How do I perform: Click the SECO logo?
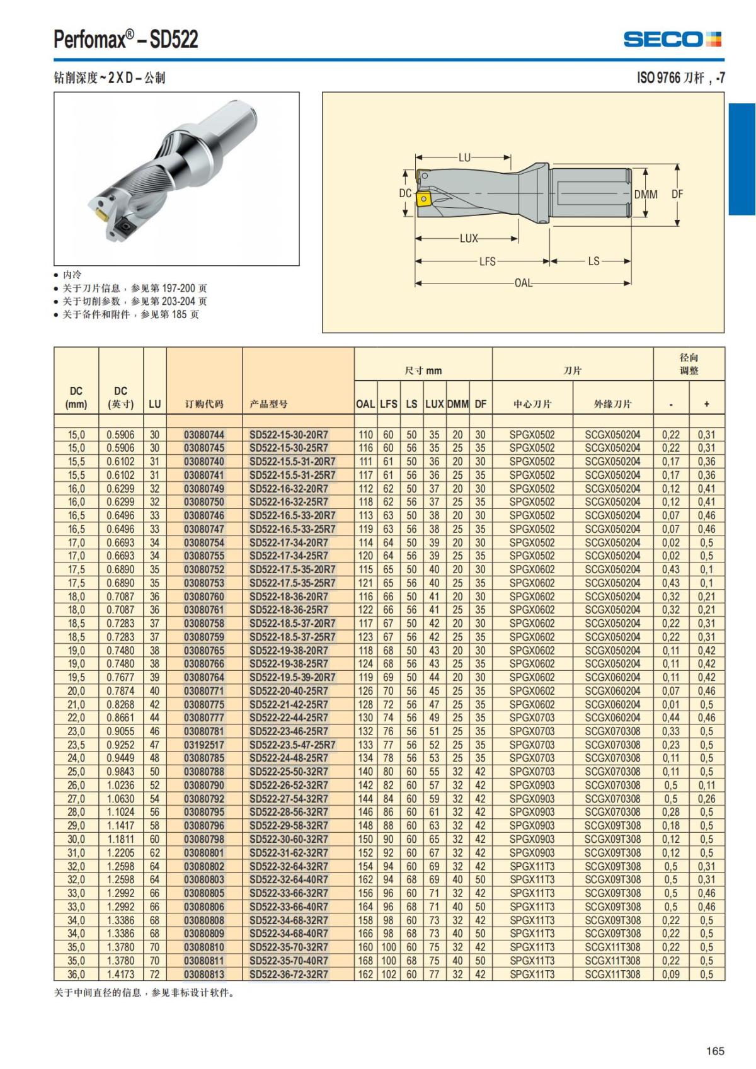tap(672, 39)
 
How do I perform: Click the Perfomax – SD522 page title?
tap(126, 39)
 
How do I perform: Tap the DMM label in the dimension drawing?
tap(645, 195)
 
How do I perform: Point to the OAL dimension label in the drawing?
tap(524, 283)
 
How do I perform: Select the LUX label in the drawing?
tap(469, 239)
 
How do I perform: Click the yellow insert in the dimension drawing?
tap(422, 200)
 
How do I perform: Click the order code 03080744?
tap(204, 435)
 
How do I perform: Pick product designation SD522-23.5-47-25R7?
tap(292, 745)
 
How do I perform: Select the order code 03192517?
tap(204, 745)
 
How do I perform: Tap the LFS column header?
tap(388, 404)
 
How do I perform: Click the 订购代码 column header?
tap(204, 404)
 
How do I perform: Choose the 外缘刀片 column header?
tap(612, 404)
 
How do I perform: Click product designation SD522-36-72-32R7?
tap(289, 974)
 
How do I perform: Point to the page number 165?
tap(715, 1051)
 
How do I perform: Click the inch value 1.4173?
tap(120, 974)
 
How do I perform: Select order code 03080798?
tap(204, 839)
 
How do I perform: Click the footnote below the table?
tap(144, 993)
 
